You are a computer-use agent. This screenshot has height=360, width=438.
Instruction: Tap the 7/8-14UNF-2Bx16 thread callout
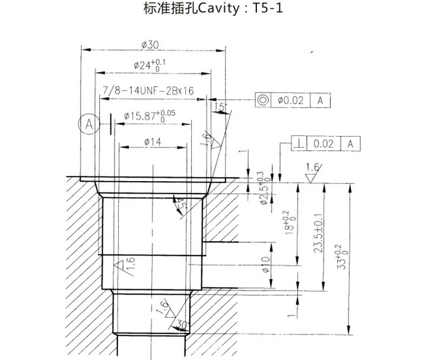[149, 91]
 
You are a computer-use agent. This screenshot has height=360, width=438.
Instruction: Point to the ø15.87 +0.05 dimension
[150, 116]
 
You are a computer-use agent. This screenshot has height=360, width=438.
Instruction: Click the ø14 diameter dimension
[153, 142]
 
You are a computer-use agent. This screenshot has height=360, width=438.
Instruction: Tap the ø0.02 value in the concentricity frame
[290, 100]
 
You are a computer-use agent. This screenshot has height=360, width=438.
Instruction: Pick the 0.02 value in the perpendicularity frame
[323, 143]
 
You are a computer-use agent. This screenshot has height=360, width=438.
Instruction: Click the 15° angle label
[221, 108]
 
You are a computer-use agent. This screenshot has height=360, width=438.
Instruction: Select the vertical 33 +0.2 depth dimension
[356, 258]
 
